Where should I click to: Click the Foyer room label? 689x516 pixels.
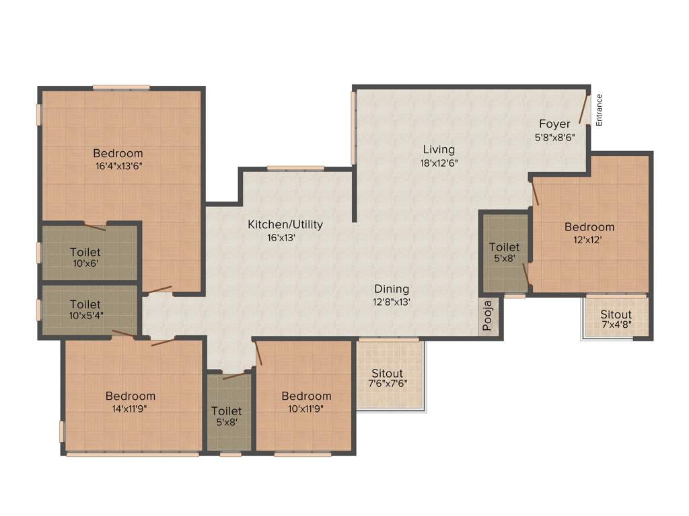tap(554, 124)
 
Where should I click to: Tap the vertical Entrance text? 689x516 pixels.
tap(599, 110)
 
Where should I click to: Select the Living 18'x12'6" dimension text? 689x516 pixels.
tap(439, 163)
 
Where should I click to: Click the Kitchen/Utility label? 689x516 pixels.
tap(285, 224)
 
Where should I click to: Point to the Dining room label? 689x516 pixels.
tap(392, 289)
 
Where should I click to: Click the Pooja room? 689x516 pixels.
tap(489, 317)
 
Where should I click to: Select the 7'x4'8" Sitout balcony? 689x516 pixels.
tap(616, 318)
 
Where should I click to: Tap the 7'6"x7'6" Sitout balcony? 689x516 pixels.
tap(388, 378)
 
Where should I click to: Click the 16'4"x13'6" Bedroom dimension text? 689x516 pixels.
tap(118, 165)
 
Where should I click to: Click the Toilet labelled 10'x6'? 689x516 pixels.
tap(85, 257)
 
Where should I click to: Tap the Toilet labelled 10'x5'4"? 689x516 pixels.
tap(85, 309)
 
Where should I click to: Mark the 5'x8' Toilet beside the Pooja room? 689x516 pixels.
tap(504, 252)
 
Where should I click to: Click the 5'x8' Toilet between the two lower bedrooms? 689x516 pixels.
tap(226, 416)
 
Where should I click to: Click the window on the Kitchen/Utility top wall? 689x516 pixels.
tap(295, 168)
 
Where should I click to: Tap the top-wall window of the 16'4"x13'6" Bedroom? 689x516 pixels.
tap(121, 87)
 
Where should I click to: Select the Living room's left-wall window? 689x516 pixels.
tap(353, 128)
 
